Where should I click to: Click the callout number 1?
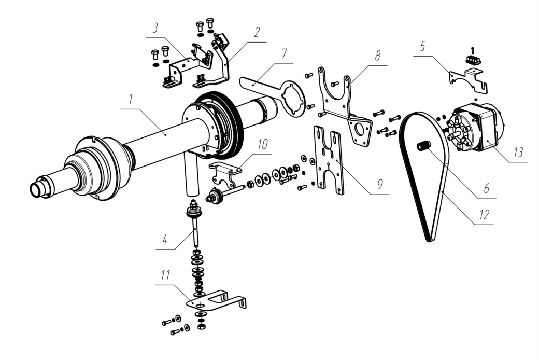pos(131,100)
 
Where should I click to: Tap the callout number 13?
pos(518,152)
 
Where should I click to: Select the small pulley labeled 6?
pos(424,146)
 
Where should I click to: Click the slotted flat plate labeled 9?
pos(329,160)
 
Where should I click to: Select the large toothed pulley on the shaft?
pos(220,126)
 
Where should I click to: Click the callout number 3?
pos(155,29)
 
